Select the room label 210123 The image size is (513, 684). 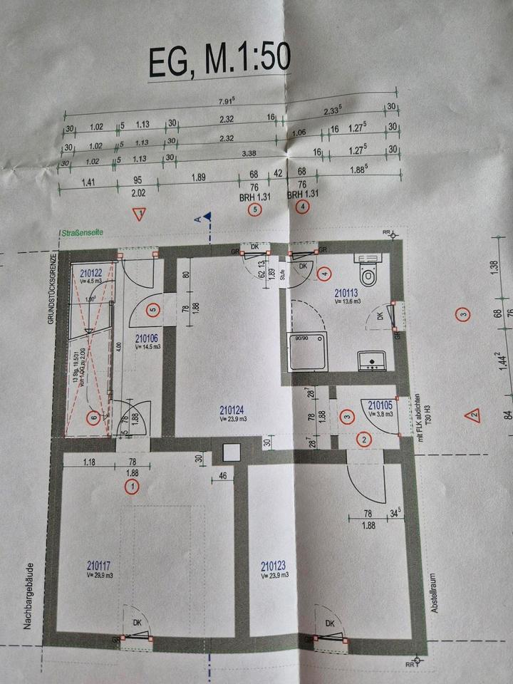(x=273, y=566)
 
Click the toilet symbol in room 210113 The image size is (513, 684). (x=368, y=274)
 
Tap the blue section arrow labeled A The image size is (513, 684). (x=207, y=215)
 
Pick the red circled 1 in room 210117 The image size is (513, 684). (x=131, y=487)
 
